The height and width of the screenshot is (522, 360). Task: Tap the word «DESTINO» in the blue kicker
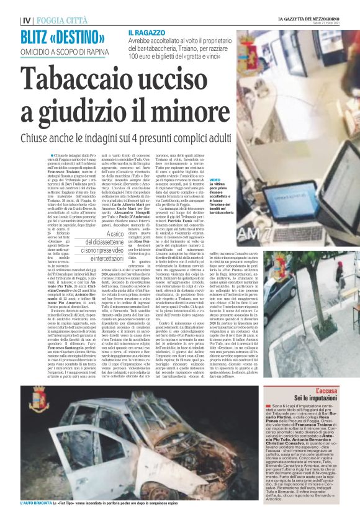(78, 35)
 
